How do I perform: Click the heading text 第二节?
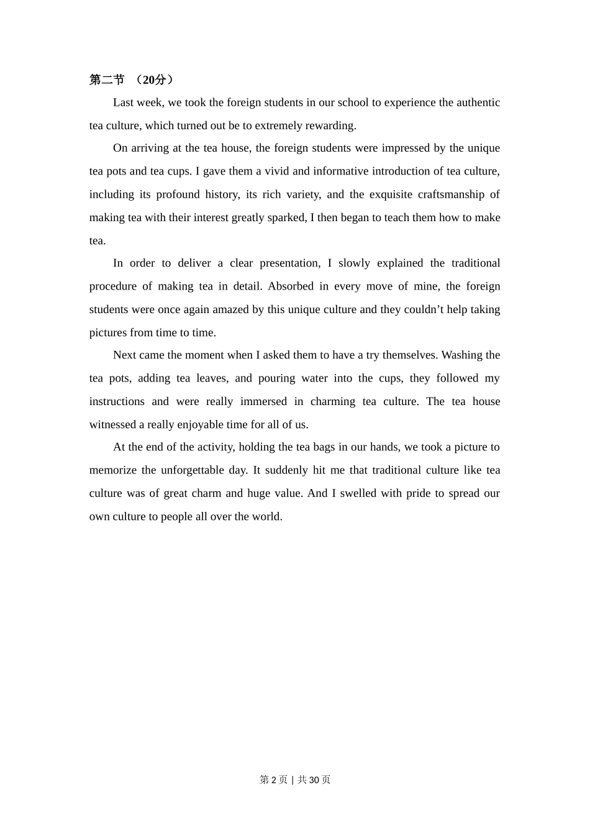tap(107, 80)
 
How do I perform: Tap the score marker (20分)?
tap(154, 80)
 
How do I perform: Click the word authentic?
tap(478, 103)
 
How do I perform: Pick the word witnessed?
tap(112, 425)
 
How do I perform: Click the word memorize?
tap(112, 470)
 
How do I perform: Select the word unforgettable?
tap(192, 470)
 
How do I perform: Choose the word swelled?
tap(358, 493)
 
